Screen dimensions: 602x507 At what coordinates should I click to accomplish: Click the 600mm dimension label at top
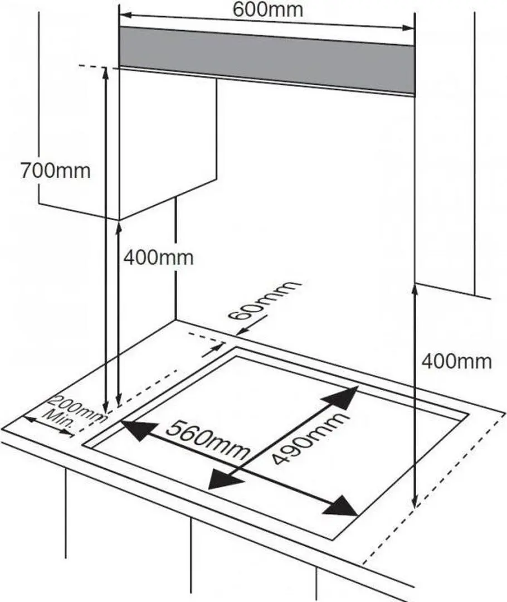point(268,9)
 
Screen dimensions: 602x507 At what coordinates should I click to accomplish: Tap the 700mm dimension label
point(55,170)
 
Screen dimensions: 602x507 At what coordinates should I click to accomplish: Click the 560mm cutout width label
point(207,440)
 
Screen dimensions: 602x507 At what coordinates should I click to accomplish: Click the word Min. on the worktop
point(60,420)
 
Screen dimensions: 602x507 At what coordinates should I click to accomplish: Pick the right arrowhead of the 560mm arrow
point(344,507)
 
